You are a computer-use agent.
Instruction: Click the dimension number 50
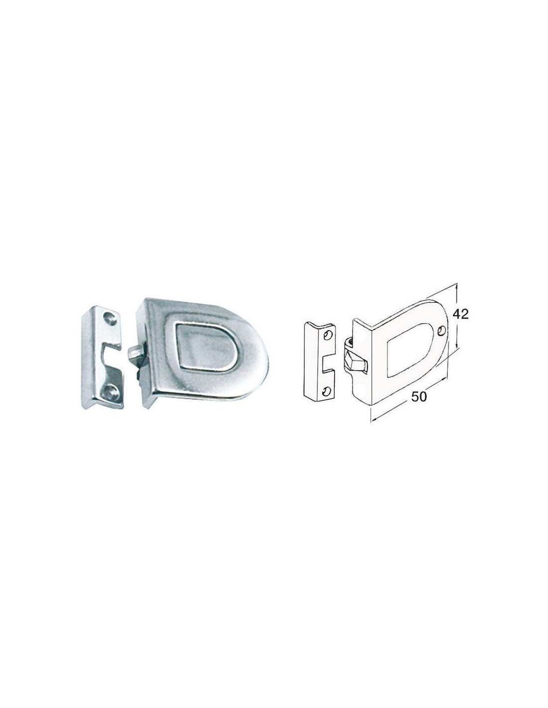click(x=419, y=396)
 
